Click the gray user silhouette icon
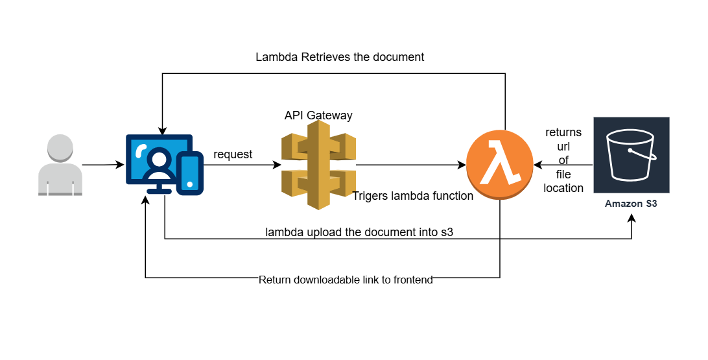coord(60,165)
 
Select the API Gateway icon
coord(318,165)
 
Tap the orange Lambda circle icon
coord(499,165)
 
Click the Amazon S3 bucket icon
coord(631,155)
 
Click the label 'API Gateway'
coord(318,115)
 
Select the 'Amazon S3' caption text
coord(631,204)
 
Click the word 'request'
coord(233,155)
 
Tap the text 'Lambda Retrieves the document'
coord(340,57)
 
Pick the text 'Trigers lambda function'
coord(412,196)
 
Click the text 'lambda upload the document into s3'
coord(359,232)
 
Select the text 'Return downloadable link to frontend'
coord(346,280)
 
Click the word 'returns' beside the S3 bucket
coord(563,133)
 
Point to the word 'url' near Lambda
coord(563,147)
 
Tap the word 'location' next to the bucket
coord(563,188)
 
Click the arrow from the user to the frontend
coord(104,165)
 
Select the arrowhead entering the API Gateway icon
coord(276,165)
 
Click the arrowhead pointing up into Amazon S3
coord(631,219)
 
